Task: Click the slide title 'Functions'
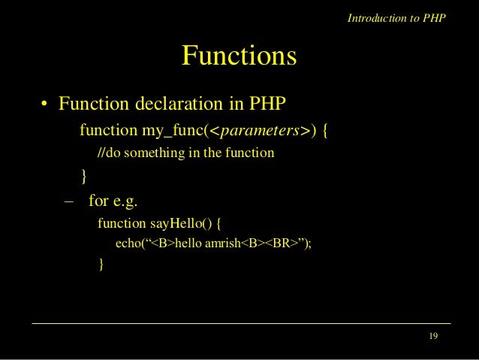(239, 56)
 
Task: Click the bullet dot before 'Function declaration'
(45, 103)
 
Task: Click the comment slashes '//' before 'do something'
(101, 155)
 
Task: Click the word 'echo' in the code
(128, 244)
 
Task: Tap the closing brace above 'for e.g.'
(83, 177)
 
